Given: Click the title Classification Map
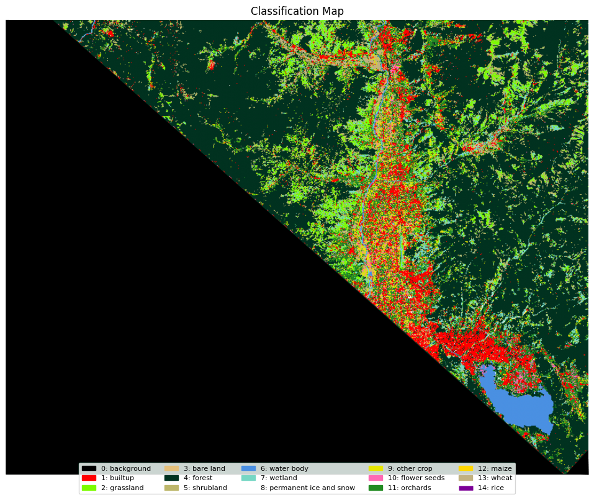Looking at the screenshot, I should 297,11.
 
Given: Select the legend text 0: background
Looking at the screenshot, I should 126,468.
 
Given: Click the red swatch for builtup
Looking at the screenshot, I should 89,478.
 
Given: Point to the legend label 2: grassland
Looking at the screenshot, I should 122,488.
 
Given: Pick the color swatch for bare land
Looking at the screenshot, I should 171,468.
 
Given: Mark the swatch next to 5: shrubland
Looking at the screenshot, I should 171,488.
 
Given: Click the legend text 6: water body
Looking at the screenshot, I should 284,468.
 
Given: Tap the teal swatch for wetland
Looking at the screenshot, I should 248,478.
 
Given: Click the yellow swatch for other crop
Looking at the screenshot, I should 376,468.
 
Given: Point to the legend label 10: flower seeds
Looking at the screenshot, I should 416,478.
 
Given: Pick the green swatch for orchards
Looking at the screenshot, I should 376,488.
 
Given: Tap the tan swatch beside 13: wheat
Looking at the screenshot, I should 466,478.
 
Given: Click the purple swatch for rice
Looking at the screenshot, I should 466,488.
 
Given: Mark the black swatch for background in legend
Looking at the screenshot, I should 89,468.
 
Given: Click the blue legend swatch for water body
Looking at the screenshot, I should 248,468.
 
